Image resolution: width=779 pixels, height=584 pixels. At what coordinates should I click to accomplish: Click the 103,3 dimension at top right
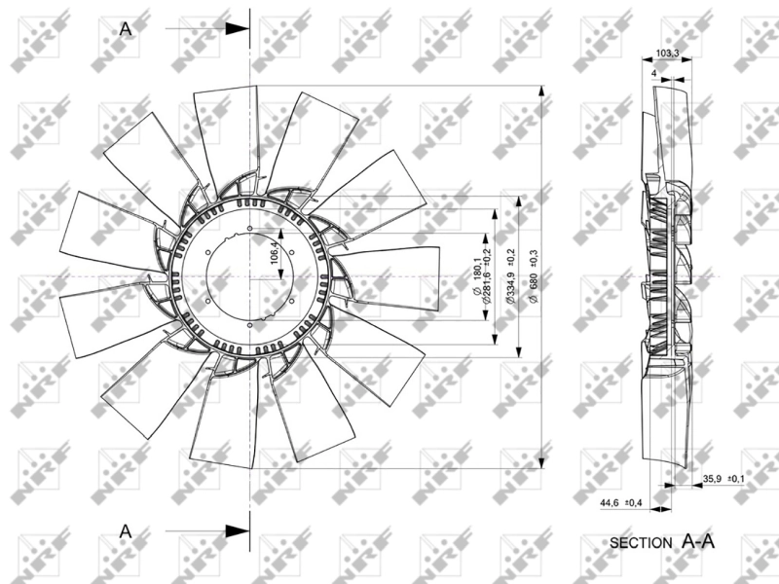coord(667,54)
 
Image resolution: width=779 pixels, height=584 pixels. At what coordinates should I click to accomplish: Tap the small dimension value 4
coord(652,72)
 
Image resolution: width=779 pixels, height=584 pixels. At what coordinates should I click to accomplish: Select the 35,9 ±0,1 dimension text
coord(723,478)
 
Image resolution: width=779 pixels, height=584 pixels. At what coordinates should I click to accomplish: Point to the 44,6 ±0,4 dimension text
coord(619,502)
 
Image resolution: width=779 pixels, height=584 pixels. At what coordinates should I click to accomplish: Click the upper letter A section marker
coord(125,29)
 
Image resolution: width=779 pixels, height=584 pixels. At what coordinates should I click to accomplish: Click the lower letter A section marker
coord(125,530)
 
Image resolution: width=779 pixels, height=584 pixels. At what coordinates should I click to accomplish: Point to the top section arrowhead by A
coord(237,29)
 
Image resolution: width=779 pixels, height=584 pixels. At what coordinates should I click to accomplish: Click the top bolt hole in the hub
coord(250,231)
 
